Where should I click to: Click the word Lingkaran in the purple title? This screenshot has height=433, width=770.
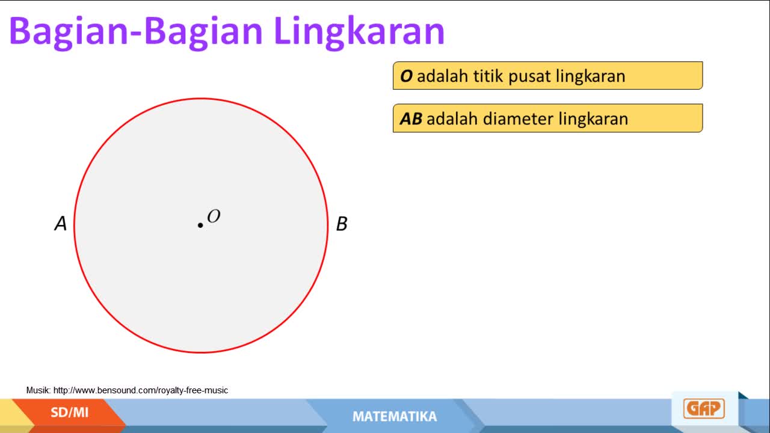click(359, 32)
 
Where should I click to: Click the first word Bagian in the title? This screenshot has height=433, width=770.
click(69, 32)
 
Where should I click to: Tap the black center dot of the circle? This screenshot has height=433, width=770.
click(200, 226)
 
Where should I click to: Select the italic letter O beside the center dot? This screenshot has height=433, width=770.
click(214, 216)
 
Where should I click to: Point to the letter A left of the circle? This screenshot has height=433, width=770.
click(61, 223)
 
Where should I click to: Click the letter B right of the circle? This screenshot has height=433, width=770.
click(342, 224)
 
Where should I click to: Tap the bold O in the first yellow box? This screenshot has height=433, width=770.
click(406, 76)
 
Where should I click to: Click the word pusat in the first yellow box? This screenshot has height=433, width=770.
click(529, 76)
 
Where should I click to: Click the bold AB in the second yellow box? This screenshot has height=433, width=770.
click(411, 119)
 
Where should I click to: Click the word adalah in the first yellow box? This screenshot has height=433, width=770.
click(443, 76)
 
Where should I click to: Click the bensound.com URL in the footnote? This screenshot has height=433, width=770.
click(141, 390)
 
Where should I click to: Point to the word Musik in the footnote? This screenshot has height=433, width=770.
click(38, 390)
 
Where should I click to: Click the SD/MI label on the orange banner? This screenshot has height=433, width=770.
click(69, 413)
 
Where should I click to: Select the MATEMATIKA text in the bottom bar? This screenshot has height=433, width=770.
click(395, 417)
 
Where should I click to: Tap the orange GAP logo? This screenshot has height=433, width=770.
click(704, 408)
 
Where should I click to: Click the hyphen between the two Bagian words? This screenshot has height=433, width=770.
click(136, 34)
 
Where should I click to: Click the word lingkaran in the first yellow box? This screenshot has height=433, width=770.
click(590, 76)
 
